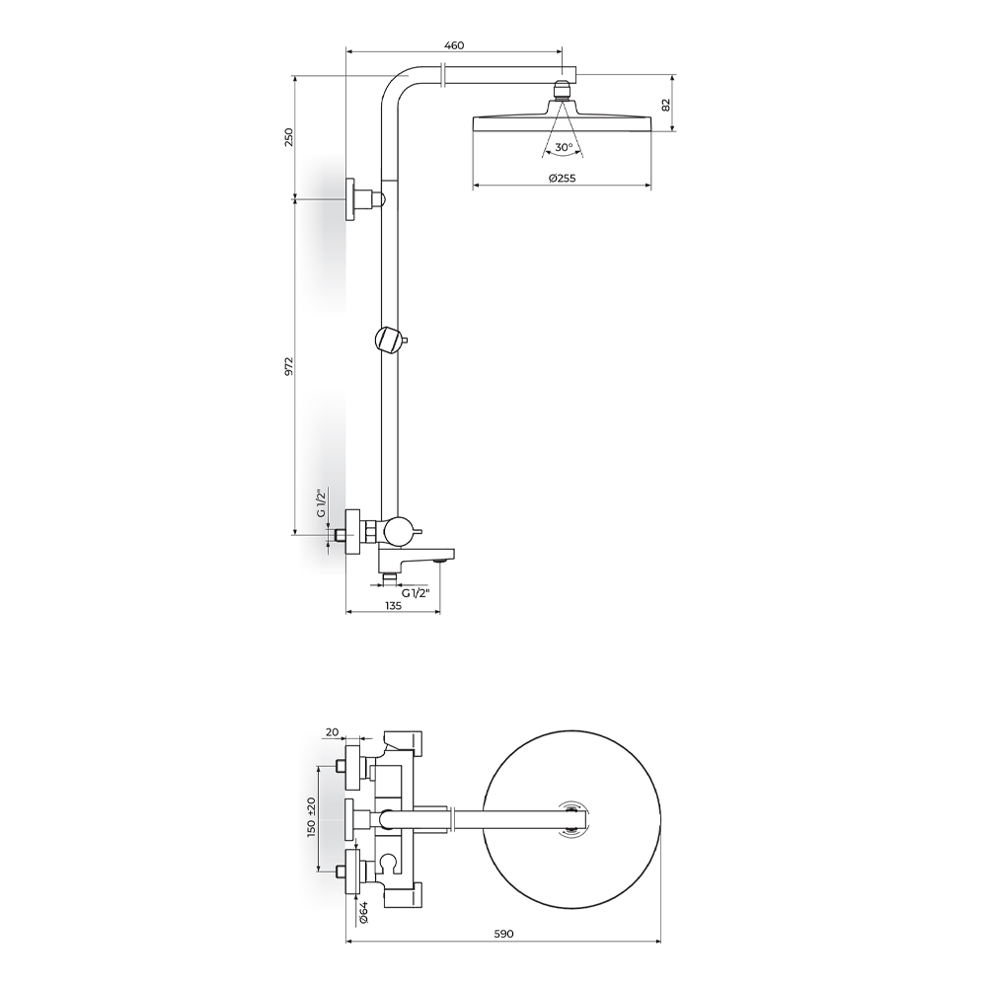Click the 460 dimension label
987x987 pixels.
tap(454, 45)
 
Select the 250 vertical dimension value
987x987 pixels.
tap(289, 137)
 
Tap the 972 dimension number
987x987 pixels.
tap(289, 366)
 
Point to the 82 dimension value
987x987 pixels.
tap(666, 105)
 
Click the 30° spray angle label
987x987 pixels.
tap(564, 147)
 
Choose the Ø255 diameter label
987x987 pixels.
tap(563, 178)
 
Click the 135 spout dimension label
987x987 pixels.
tap(393, 606)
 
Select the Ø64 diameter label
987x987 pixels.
tap(362, 911)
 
